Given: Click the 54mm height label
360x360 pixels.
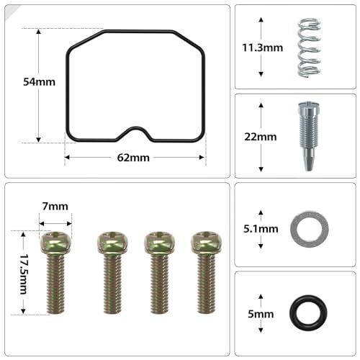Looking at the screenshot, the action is click(x=39, y=82).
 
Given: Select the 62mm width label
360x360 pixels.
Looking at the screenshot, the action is click(x=133, y=158).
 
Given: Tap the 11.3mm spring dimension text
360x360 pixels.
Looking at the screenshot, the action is click(x=262, y=48).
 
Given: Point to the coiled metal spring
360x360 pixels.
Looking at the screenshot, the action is click(x=309, y=48).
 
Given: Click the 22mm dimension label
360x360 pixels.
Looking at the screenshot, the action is click(x=261, y=137).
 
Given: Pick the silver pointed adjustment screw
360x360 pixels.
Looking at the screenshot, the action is click(x=309, y=137).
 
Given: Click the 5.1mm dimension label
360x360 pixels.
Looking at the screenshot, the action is click(x=261, y=229).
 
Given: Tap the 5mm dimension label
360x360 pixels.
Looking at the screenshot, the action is click(x=261, y=314).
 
